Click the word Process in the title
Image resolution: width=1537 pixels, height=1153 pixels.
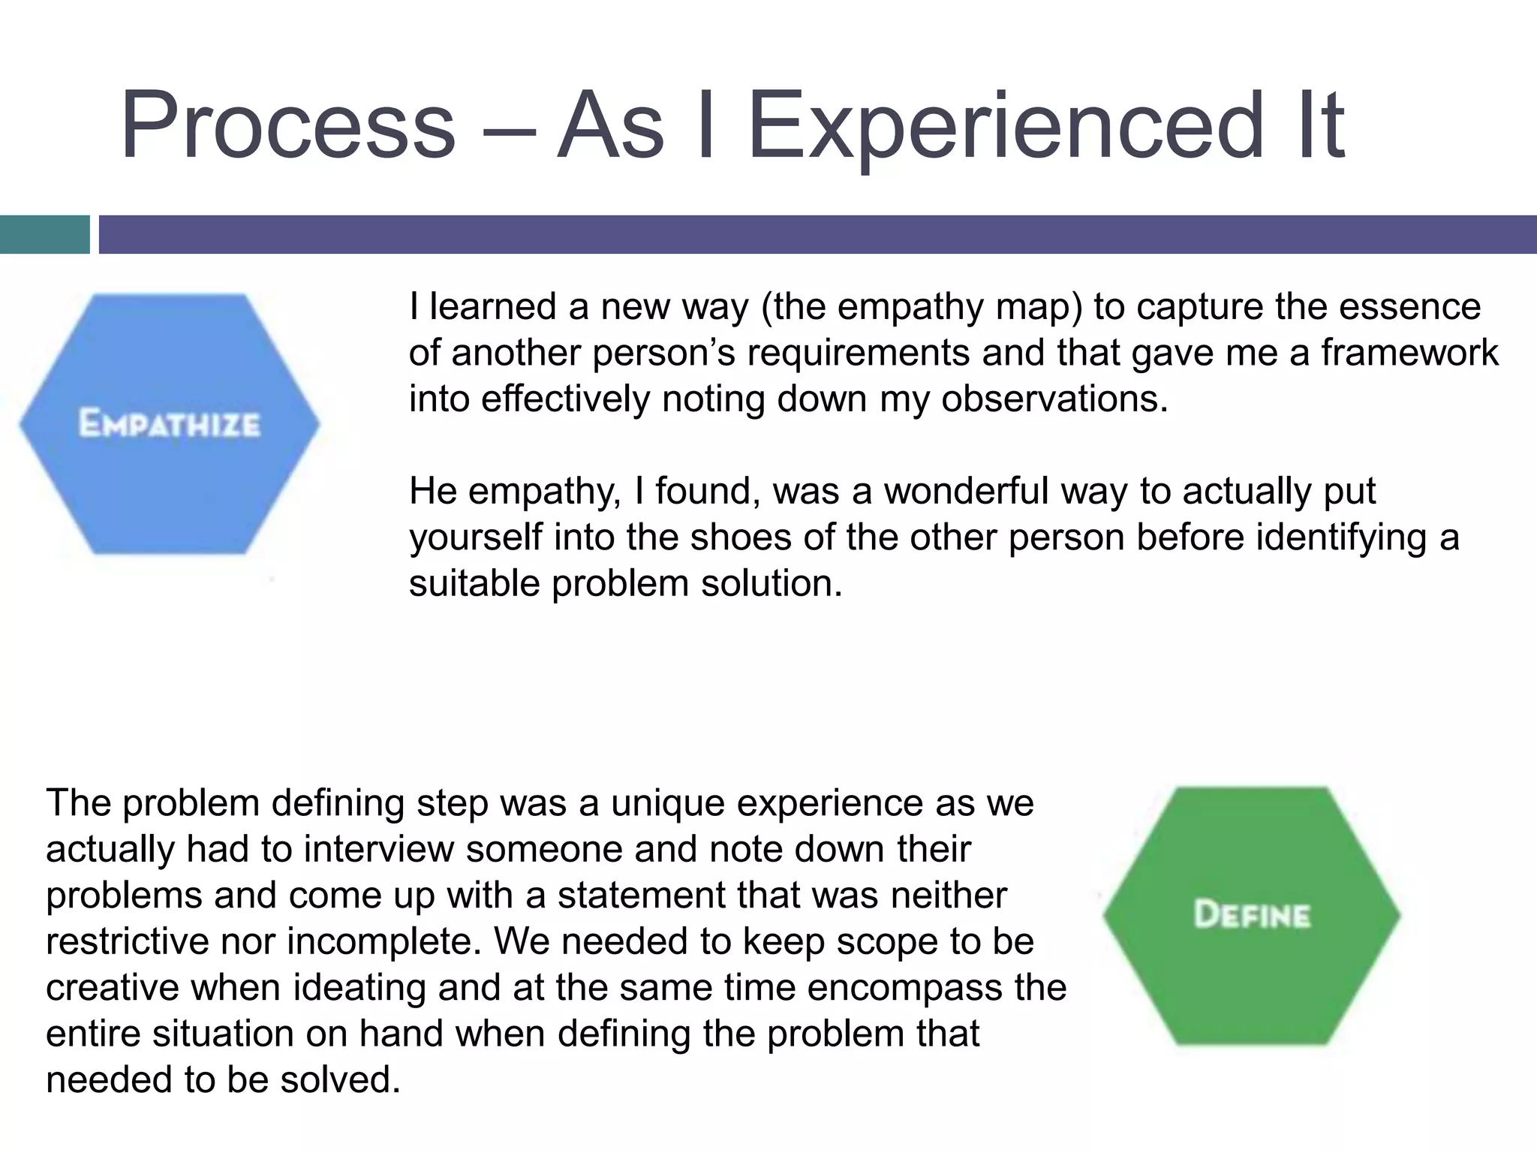[x=287, y=125]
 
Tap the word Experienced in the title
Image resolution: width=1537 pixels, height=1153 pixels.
[x=1006, y=125]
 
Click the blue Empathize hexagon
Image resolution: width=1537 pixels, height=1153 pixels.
[x=170, y=424]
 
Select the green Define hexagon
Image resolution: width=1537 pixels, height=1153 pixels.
[x=1251, y=915]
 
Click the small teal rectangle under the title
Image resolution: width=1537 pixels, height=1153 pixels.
[x=44, y=234]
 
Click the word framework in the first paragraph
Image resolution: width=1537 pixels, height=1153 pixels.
[x=1409, y=353]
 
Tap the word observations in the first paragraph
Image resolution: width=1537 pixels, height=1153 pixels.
[x=1054, y=399]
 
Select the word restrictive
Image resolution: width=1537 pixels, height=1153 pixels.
[x=127, y=942]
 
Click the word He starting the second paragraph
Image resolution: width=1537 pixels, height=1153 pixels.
[x=433, y=492]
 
